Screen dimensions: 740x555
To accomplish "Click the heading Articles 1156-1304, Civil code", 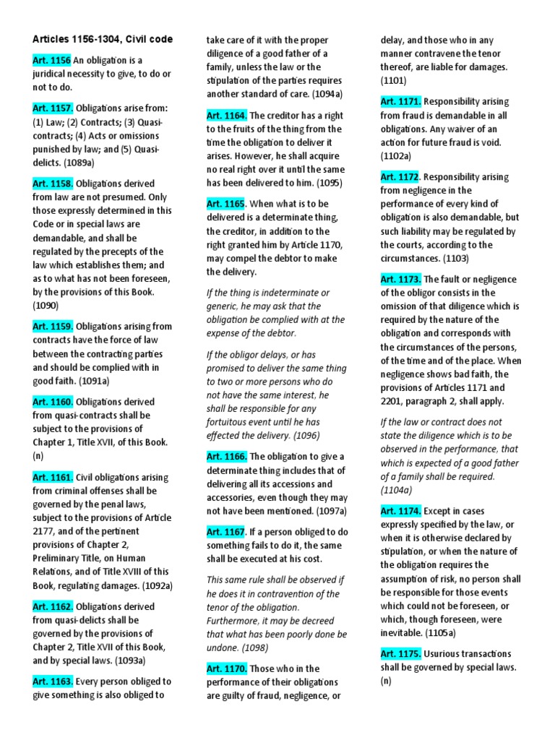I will coord(102,39).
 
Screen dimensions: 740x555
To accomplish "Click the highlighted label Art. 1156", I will coord(51,61).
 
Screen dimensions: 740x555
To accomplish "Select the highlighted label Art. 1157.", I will coord(53,108).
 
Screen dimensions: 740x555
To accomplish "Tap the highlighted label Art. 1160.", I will coord(53,402).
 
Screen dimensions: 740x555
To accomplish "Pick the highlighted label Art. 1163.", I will coord(53,681).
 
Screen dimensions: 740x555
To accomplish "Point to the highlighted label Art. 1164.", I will coord(227,115).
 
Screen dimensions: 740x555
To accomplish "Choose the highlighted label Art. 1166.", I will coord(227,456).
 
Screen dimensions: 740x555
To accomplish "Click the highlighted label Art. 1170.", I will coord(227,669).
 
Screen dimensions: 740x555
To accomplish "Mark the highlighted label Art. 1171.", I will coord(401,101).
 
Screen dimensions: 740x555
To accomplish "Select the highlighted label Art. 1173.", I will coord(401,279).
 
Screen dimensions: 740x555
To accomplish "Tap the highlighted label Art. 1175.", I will coord(401,653).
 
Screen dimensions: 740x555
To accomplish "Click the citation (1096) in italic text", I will coord(301,435).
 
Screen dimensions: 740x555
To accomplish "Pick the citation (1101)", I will coord(395,81).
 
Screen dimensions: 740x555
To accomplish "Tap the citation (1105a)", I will coord(439,633).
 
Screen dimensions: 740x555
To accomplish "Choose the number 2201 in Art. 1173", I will coord(395,401).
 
